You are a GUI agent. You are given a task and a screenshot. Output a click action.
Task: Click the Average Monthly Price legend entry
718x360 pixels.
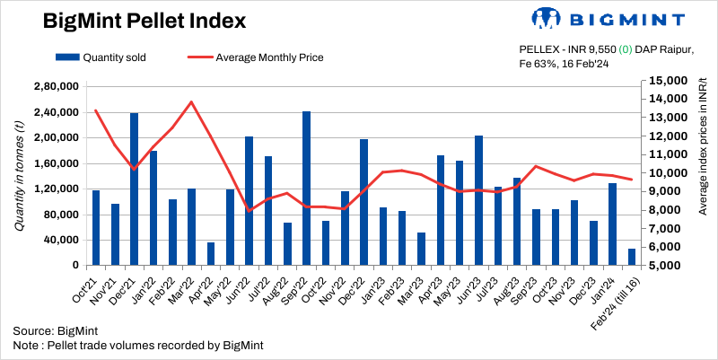[x=256, y=57]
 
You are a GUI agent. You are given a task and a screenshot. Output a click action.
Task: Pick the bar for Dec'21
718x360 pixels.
[x=134, y=189]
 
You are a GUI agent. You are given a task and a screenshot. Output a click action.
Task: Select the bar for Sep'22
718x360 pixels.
[x=307, y=188]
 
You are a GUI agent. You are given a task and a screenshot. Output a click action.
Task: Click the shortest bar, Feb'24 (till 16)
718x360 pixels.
[x=632, y=257]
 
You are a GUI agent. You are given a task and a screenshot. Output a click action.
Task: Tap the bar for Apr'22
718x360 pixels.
[x=211, y=253]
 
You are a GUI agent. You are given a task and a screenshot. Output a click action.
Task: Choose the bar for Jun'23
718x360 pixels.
[x=479, y=200]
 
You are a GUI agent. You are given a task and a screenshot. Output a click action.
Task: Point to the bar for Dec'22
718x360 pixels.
[x=364, y=202]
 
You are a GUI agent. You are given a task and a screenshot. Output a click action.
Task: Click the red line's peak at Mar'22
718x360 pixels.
[x=191, y=101]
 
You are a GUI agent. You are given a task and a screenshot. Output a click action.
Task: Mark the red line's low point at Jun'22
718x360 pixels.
[x=250, y=210]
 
